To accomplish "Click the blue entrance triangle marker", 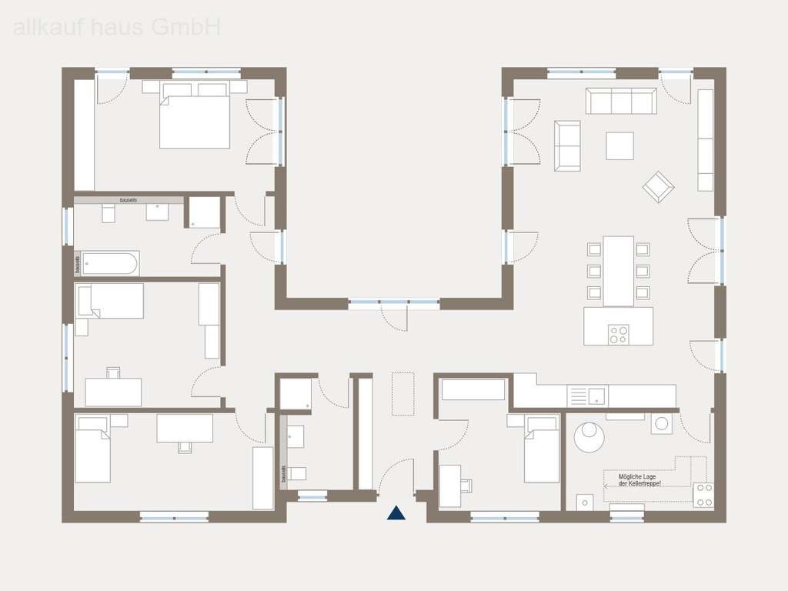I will (396, 513).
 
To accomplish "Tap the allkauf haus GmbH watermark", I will (117, 28).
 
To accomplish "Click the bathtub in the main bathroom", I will (110, 264).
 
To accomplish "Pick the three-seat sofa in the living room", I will (620, 101).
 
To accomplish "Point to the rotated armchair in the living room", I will (659, 187).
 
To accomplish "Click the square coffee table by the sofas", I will (619, 145).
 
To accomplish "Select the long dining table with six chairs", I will (618, 271).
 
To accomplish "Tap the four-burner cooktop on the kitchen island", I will (618, 335).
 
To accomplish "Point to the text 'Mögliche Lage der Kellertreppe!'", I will (639, 480).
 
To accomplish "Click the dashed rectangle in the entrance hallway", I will (402, 394).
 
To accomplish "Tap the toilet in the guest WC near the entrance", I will (298, 472).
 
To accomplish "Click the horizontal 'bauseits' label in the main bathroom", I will (128, 200).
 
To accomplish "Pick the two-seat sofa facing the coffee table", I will (567, 145).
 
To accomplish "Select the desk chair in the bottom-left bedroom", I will (185, 447).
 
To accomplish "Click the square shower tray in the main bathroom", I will (202, 212).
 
